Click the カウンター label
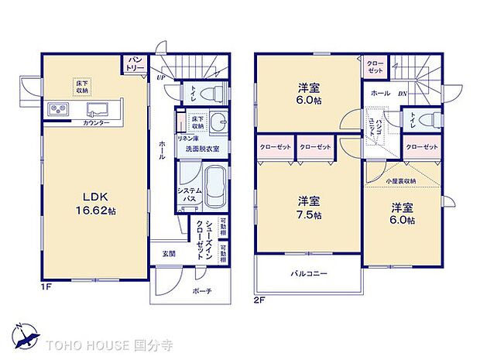(x=96, y=123)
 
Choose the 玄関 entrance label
(x=169, y=253)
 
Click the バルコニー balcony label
(x=309, y=274)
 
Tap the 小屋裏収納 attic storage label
(x=401, y=180)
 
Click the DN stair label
(x=403, y=94)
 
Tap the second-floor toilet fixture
(x=430, y=120)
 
